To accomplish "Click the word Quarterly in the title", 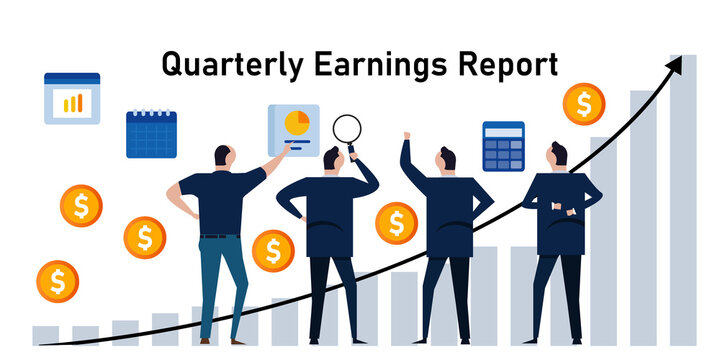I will (x=219, y=65).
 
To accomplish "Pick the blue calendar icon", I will (x=151, y=134).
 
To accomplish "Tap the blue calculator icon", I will (x=503, y=146).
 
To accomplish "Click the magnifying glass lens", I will (x=347, y=128).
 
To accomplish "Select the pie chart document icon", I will (x=293, y=129).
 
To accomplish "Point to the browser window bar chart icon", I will (x=72, y=98).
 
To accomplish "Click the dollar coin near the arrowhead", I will (x=582, y=103).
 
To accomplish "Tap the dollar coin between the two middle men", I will (x=396, y=222).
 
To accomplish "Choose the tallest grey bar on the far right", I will (x=683, y=200).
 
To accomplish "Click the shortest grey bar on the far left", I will (x=45, y=335).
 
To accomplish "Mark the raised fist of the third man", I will (x=406, y=136).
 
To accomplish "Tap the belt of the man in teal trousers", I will (x=218, y=236).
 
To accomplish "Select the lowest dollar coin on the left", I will (x=57, y=281).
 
